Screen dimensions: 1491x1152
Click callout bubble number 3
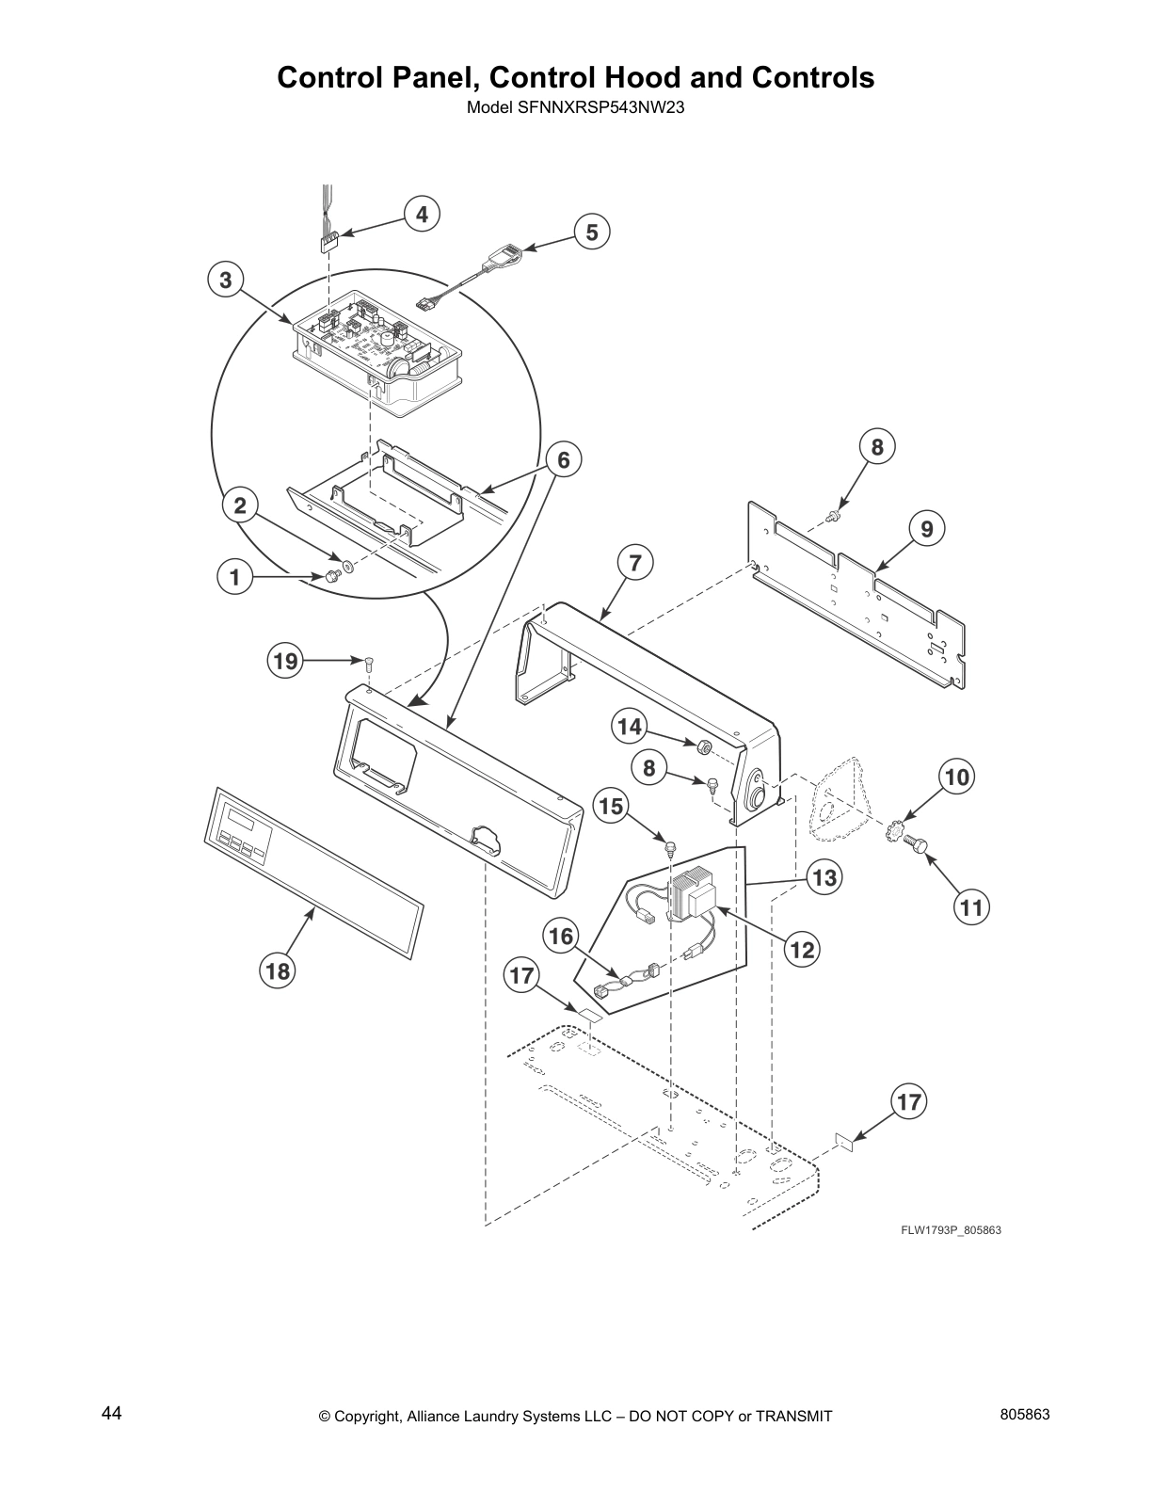226,280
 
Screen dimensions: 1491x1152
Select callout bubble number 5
591,232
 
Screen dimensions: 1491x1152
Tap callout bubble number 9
926,529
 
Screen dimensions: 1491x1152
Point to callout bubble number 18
279,970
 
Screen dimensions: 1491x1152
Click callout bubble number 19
285,661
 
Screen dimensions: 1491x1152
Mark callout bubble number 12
802,950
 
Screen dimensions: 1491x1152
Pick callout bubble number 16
561,936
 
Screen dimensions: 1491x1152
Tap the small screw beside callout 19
369,662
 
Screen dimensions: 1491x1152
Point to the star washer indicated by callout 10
895,835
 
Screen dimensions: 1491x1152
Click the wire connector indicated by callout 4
328,243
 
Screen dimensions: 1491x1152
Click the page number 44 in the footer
111,1414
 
